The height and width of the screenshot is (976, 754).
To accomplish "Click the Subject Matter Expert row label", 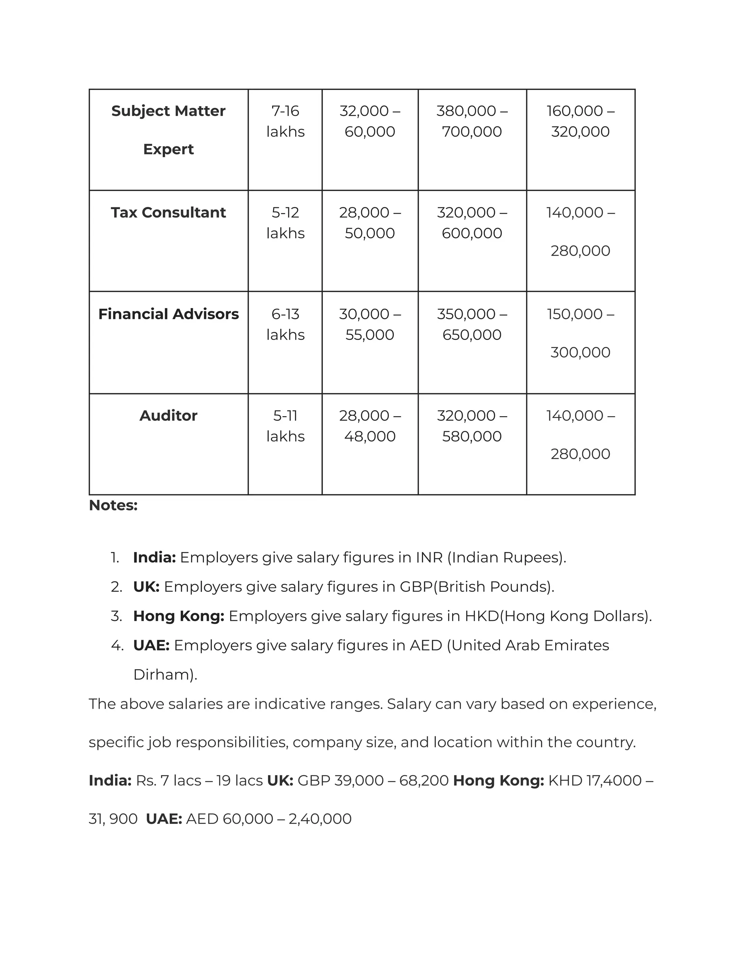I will point(168,130).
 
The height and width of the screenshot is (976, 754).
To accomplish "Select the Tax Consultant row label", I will point(168,213).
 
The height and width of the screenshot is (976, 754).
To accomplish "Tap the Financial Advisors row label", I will point(168,314).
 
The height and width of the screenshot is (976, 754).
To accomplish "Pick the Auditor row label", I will point(168,415).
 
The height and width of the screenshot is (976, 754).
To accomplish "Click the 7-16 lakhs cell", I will point(285,121).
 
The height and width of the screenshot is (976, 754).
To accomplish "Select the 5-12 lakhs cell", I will point(285,222).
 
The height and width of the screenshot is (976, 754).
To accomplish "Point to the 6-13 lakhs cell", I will point(285,324).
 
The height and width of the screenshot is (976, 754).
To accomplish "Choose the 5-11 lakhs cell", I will point(285,425).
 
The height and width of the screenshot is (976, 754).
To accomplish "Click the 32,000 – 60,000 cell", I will point(370,121).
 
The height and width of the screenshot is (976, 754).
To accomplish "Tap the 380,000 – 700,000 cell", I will point(472,121).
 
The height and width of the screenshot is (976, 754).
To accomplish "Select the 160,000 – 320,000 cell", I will point(580,121).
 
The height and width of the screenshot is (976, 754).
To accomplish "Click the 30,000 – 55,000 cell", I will point(370,324).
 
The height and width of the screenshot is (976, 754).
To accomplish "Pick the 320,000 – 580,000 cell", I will point(472,425).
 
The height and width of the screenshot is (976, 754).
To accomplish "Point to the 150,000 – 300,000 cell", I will point(580,333).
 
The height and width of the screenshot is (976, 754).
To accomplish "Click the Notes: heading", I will point(113,505).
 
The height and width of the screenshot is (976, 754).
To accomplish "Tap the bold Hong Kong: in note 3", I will point(179,616).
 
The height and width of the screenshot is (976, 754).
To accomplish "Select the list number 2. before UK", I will point(117,587).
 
